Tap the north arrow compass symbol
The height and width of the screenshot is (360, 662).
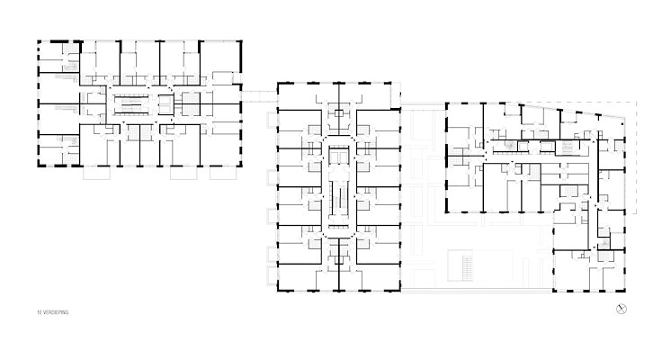point(621,309)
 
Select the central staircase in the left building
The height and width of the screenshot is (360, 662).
point(131,103)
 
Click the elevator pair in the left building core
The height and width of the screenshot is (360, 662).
point(165,104)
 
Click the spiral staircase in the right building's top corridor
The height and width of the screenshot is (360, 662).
point(509,146)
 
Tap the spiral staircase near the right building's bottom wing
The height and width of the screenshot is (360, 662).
point(604,244)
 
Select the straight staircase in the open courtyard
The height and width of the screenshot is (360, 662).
point(468,267)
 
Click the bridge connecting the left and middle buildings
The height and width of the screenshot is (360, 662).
point(259,96)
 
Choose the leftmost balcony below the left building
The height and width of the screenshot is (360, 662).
point(96,173)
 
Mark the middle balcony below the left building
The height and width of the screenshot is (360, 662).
point(183,173)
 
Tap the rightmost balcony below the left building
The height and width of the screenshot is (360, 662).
point(222,173)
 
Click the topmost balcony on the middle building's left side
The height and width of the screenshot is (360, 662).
point(272,120)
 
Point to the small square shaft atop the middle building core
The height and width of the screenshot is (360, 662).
point(338,113)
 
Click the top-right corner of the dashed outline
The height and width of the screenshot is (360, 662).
point(636,102)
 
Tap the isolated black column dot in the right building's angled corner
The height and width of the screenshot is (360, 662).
point(622,124)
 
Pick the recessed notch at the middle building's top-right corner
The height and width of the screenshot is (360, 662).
point(395,95)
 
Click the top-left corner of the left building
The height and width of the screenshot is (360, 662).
point(39,41)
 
